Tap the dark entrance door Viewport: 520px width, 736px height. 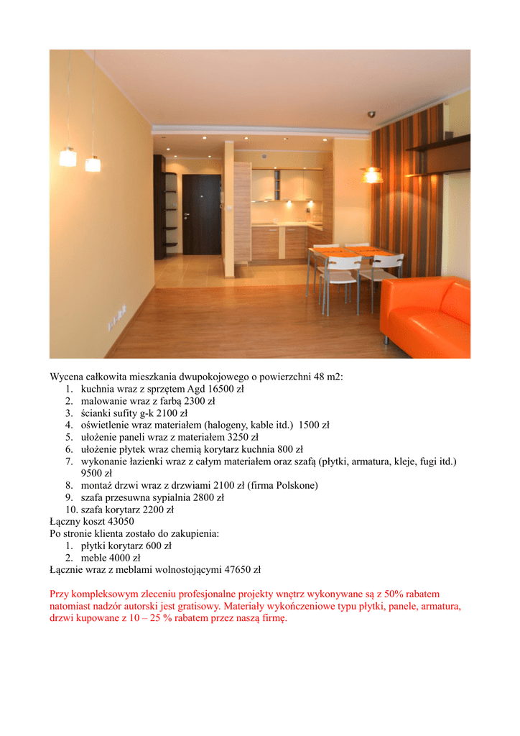201,213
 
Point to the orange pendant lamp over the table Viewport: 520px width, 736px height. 371,175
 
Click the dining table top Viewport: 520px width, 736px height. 355,252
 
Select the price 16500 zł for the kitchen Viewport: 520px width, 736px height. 226,389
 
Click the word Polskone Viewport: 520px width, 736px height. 295,485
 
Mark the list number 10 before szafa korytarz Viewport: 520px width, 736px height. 71,510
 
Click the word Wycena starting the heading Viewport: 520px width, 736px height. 67,377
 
